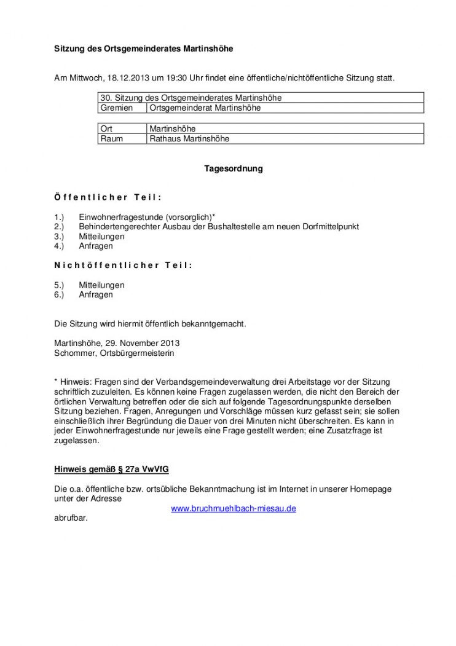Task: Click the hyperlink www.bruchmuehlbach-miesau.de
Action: (x=233, y=508)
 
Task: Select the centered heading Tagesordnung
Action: (x=233, y=168)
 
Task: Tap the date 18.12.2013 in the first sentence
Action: (x=129, y=79)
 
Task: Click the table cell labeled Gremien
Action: (x=116, y=108)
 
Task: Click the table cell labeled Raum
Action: (x=111, y=139)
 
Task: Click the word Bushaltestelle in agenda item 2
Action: (x=234, y=227)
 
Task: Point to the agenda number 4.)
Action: (x=59, y=246)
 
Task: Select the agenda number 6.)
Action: (x=59, y=294)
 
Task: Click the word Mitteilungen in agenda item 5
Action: (x=101, y=285)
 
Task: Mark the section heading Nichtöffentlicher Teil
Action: (x=123, y=266)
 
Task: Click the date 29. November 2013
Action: (x=141, y=343)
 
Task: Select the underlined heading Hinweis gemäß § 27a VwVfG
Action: (x=111, y=469)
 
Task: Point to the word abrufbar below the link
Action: (x=71, y=518)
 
